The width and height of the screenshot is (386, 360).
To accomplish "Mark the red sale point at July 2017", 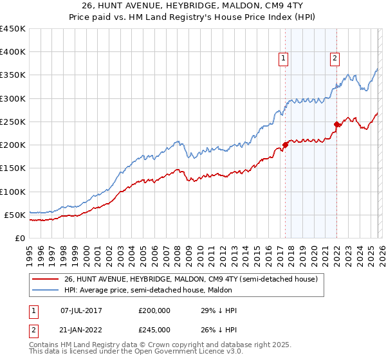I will point(285,145).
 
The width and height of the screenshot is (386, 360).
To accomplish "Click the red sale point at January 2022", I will point(336,124).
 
